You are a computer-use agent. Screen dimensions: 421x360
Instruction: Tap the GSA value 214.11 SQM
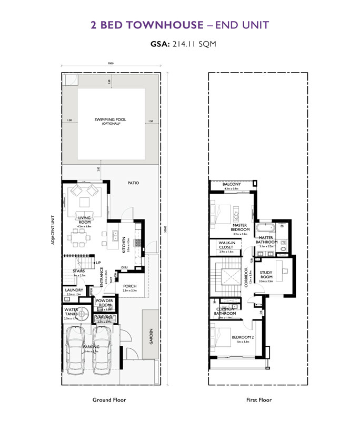[193, 45]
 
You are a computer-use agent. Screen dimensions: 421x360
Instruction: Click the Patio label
[133, 183]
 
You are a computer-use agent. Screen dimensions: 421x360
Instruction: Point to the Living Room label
[85, 220]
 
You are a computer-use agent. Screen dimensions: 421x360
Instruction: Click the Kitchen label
[125, 245]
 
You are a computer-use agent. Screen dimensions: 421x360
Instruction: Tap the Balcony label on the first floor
[232, 184]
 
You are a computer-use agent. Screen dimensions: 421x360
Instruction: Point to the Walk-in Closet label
[226, 245]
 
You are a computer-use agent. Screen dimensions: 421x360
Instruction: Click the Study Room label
[266, 274]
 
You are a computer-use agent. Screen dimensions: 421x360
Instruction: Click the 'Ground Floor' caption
[109, 400]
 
